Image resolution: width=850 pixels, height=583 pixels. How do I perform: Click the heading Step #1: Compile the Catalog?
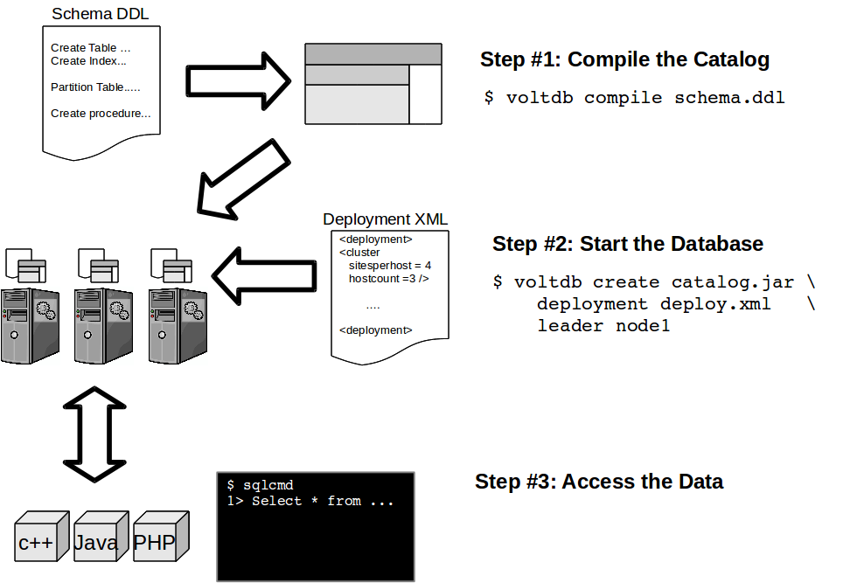624,60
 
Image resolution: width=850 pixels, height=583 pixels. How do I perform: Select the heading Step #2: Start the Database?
627,244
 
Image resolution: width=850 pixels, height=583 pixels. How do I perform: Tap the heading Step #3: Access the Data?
599,482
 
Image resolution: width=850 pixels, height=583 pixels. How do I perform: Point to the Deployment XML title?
385,219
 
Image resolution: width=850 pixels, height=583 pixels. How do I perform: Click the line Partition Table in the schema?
95,87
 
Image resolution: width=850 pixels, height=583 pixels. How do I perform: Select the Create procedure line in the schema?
101,114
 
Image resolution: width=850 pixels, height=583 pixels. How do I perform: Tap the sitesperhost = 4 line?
389,266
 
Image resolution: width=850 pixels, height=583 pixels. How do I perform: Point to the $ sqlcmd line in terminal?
260,485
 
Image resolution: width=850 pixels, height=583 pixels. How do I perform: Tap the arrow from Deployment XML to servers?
265,273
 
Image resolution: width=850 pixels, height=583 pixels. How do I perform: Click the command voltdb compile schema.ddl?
634,98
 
